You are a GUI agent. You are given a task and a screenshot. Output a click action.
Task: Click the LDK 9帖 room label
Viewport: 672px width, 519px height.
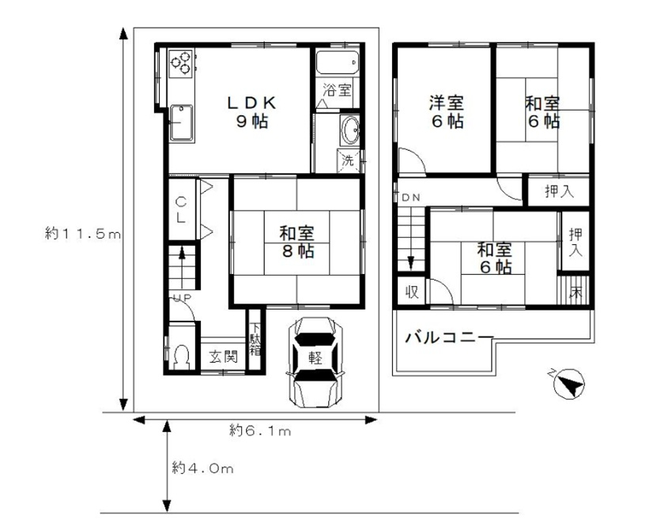tap(252, 112)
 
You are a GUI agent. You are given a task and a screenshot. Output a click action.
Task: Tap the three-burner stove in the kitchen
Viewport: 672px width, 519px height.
tap(181, 63)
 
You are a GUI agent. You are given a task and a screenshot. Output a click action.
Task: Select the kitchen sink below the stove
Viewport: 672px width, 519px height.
tap(181, 123)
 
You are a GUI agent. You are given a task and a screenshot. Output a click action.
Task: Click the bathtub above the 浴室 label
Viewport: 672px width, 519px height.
tap(338, 62)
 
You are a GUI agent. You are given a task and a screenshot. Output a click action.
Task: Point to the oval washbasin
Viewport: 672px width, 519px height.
tap(350, 130)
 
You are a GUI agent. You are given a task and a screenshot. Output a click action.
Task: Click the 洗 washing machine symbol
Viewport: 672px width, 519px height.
tap(349, 160)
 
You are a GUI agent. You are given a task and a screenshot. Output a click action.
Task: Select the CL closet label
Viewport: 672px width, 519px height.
tap(181, 209)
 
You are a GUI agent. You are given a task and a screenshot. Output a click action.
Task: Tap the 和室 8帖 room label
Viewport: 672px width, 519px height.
tap(297, 242)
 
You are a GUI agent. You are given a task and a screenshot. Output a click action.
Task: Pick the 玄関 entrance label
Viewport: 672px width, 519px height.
tap(223, 356)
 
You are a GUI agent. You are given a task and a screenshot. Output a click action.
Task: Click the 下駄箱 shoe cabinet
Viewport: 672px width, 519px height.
tap(255, 339)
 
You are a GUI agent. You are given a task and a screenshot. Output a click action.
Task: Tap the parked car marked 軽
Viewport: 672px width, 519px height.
tap(315, 362)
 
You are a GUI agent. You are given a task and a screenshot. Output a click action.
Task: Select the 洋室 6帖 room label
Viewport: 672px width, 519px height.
tap(447, 112)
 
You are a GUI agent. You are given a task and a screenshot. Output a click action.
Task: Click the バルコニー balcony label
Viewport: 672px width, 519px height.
tap(450, 338)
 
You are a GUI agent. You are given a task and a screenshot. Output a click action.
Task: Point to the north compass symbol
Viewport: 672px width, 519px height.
tap(568, 383)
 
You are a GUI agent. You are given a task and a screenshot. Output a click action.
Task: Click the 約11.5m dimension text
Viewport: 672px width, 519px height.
tap(83, 234)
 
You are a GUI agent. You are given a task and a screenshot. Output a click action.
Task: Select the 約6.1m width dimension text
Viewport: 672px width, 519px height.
tap(260, 431)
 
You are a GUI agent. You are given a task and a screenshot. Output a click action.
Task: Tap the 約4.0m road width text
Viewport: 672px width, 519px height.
tap(202, 468)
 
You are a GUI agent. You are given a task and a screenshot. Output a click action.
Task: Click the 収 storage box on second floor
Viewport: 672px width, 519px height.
tap(412, 291)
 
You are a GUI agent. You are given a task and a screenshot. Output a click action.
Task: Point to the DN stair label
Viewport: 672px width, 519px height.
tap(411, 197)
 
